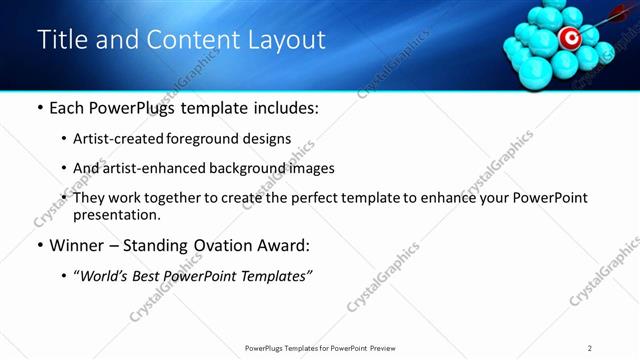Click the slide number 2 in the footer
[590, 348]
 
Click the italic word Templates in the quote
[275, 276]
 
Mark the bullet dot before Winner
[39, 246]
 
